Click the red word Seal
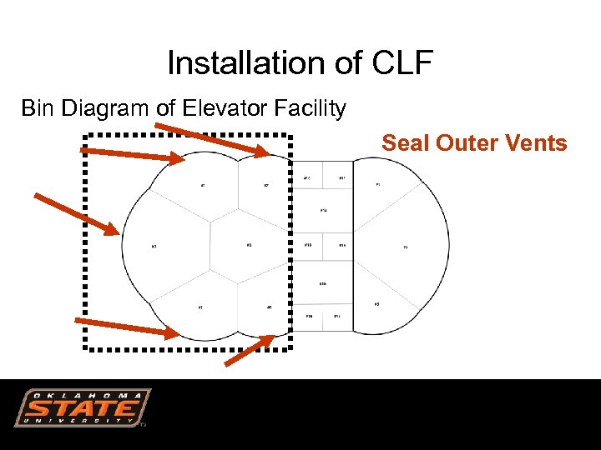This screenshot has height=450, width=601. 405,143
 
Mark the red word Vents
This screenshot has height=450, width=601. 537,143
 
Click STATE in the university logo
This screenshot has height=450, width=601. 82,408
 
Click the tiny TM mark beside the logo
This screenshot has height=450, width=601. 144,424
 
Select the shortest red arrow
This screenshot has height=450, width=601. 250,350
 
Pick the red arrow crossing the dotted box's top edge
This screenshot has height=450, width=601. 212,139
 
